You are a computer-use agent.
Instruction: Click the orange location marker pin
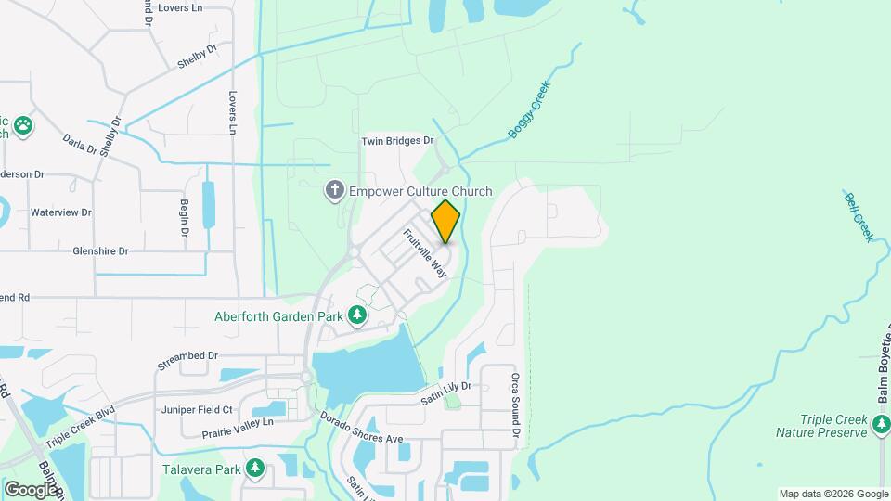tap(445, 221)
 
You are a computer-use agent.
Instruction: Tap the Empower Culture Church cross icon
tap(334, 191)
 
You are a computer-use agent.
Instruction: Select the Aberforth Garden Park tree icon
tap(357, 315)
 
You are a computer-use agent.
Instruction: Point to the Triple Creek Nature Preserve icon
tap(881, 427)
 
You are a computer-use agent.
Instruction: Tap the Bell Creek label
tap(859, 216)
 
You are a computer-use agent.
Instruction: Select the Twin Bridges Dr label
tap(397, 141)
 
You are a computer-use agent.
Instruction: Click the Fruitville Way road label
tap(425, 253)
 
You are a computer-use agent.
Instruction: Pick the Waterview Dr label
tap(61, 212)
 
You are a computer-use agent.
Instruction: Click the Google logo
tap(31, 490)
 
